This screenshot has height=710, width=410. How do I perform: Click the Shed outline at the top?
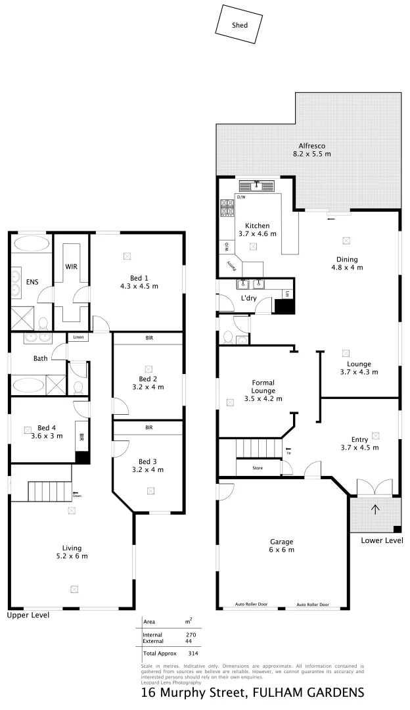click(240, 24)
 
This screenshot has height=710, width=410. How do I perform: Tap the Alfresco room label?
click(313, 146)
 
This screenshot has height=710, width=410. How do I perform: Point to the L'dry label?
click(249, 298)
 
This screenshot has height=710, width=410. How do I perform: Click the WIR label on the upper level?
click(72, 267)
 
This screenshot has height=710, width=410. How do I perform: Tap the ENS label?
click(32, 282)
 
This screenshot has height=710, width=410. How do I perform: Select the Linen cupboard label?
click(79, 338)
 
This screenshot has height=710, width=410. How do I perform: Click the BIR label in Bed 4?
click(82, 437)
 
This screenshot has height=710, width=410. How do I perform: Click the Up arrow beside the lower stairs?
click(288, 452)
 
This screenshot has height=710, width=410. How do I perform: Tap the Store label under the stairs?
click(258, 468)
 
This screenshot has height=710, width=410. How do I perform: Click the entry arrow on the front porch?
click(375, 508)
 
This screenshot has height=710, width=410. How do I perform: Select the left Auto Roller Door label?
click(252, 604)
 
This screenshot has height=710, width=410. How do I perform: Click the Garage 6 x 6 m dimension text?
click(281, 550)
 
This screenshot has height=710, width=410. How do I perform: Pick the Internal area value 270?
click(190, 634)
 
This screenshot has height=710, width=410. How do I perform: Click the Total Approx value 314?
click(193, 654)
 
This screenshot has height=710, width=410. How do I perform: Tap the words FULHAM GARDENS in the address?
click(308, 693)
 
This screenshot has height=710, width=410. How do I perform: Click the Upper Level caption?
click(28, 615)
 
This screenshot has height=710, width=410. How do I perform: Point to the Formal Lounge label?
click(263, 387)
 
